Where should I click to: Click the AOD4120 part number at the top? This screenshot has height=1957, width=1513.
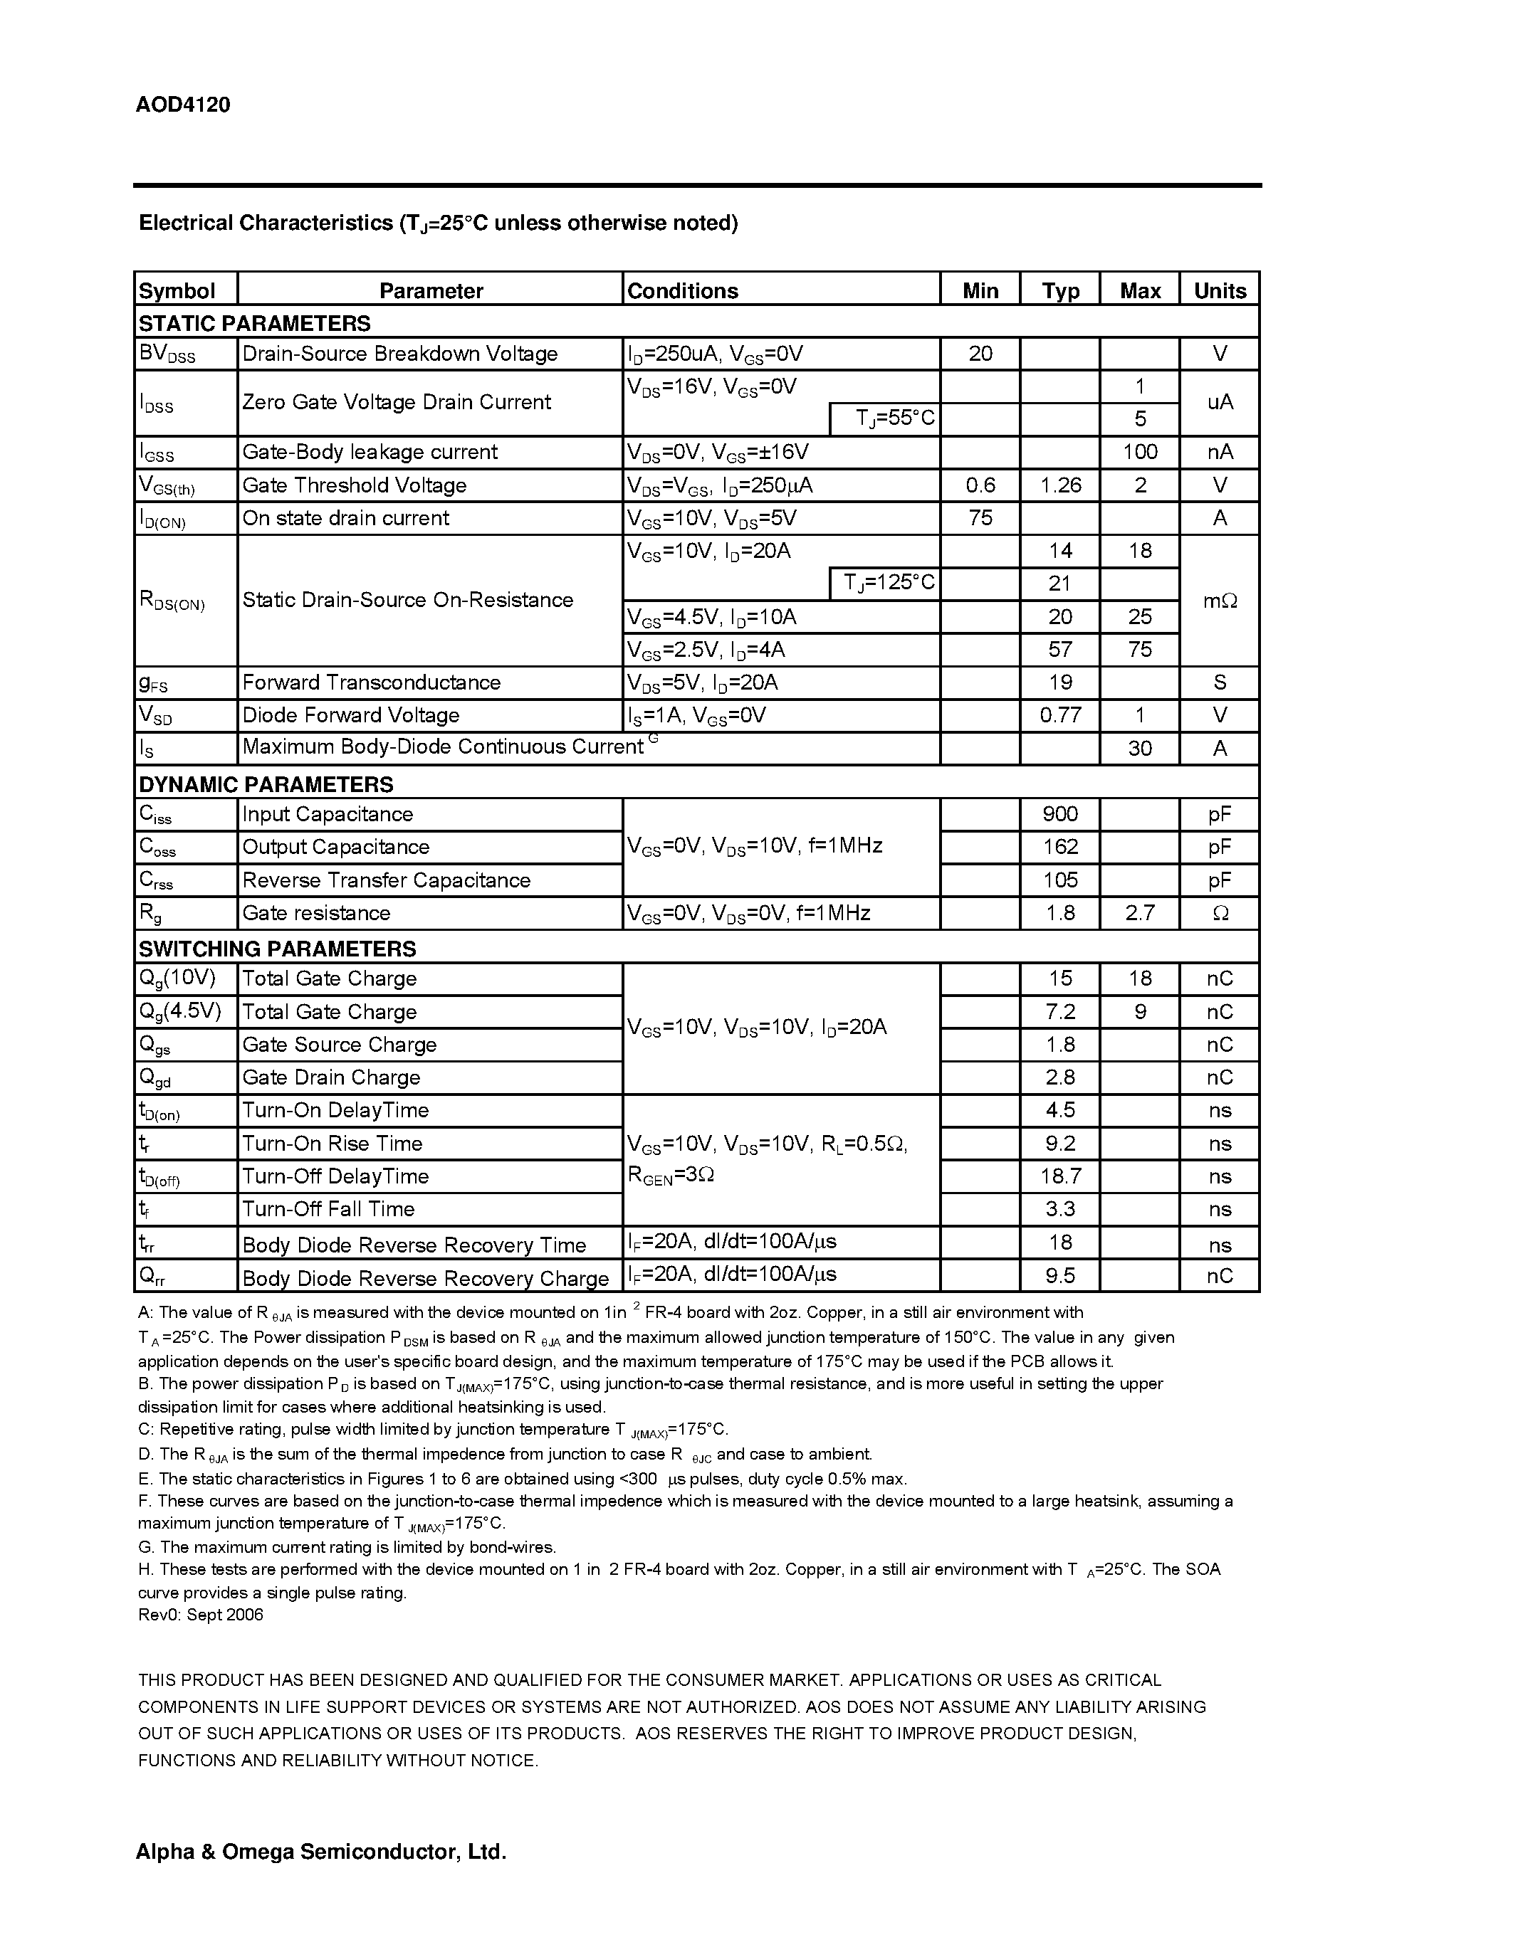click(183, 105)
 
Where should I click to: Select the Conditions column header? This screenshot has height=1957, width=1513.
click(682, 290)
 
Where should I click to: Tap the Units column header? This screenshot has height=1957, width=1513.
click(1220, 290)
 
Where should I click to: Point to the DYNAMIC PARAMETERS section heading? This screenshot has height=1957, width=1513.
click(266, 784)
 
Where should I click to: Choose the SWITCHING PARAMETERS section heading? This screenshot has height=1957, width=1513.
click(277, 948)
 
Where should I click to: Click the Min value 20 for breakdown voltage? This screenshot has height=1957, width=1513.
click(980, 354)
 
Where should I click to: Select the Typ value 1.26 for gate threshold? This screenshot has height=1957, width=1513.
click(1060, 485)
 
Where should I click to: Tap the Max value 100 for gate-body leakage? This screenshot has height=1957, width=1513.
click(1140, 453)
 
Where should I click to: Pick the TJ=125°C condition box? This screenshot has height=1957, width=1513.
click(885, 584)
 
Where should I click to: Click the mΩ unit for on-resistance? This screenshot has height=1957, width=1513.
click(1220, 601)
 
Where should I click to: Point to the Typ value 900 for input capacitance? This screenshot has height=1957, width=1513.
click(1060, 815)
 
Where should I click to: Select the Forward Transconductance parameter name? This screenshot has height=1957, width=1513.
click(371, 682)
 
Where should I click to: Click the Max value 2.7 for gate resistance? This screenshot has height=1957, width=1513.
click(1140, 913)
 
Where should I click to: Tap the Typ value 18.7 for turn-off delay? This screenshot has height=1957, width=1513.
click(1060, 1176)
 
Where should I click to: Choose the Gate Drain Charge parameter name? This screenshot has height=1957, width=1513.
click(331, 1077)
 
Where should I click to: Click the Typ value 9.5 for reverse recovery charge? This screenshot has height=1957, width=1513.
click(1060, 1275)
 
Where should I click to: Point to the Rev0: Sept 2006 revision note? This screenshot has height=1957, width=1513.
click(201, 1614)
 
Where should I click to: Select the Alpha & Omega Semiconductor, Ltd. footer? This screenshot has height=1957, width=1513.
click(321, 1851)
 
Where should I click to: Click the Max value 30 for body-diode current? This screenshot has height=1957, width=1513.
click(1140, 748)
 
